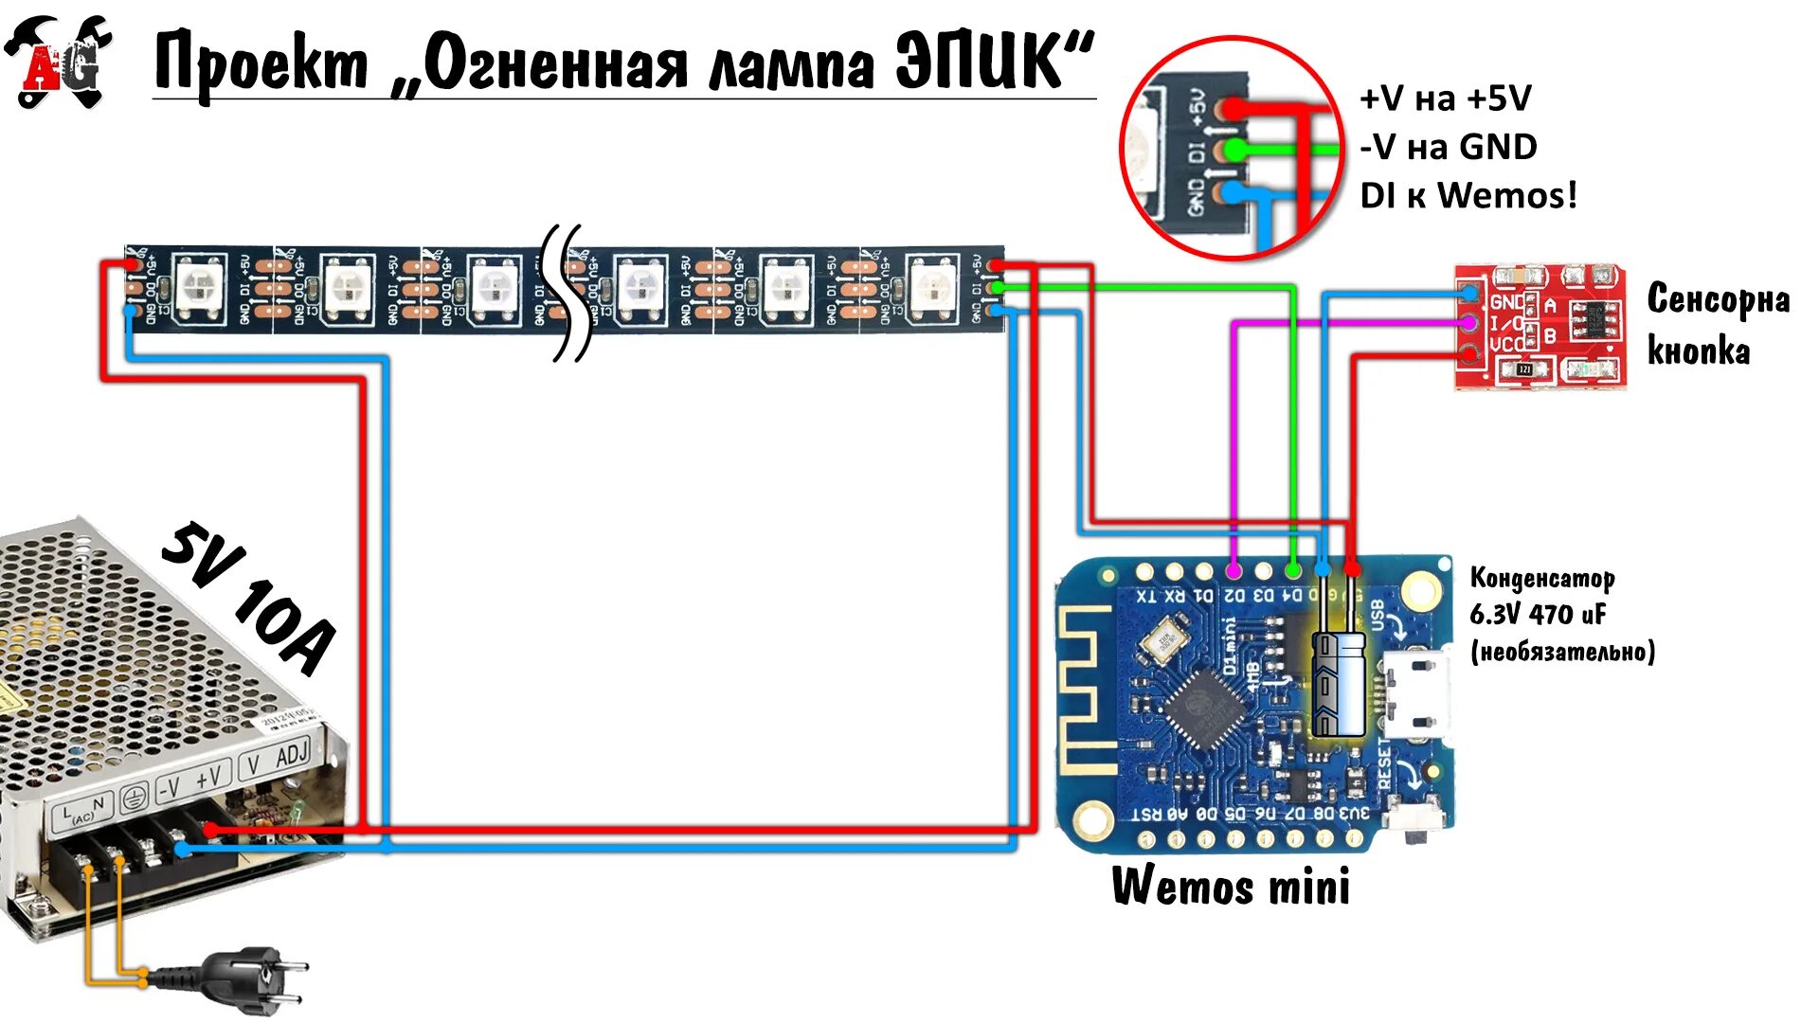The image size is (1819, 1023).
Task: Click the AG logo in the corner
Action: point(59,63)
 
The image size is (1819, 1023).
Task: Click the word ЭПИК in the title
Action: point(994,63)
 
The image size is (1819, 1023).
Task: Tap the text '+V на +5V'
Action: point(1445,98)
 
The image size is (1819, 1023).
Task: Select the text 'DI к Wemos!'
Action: point(1468,195)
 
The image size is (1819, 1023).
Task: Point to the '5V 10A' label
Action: point(248,598)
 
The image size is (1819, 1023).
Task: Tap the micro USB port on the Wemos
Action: point(1417,696)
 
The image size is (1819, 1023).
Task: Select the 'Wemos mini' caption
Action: point(1231,886)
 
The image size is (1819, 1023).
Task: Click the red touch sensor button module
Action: point(1540,327)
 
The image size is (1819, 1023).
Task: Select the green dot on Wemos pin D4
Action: point(1294,570)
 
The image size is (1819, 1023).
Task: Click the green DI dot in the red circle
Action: point(1234,150)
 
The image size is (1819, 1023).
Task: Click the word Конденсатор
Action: point(1541,578)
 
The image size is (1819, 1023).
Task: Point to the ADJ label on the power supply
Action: point(292,755)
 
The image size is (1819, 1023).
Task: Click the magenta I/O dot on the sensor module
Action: point(1469,323)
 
